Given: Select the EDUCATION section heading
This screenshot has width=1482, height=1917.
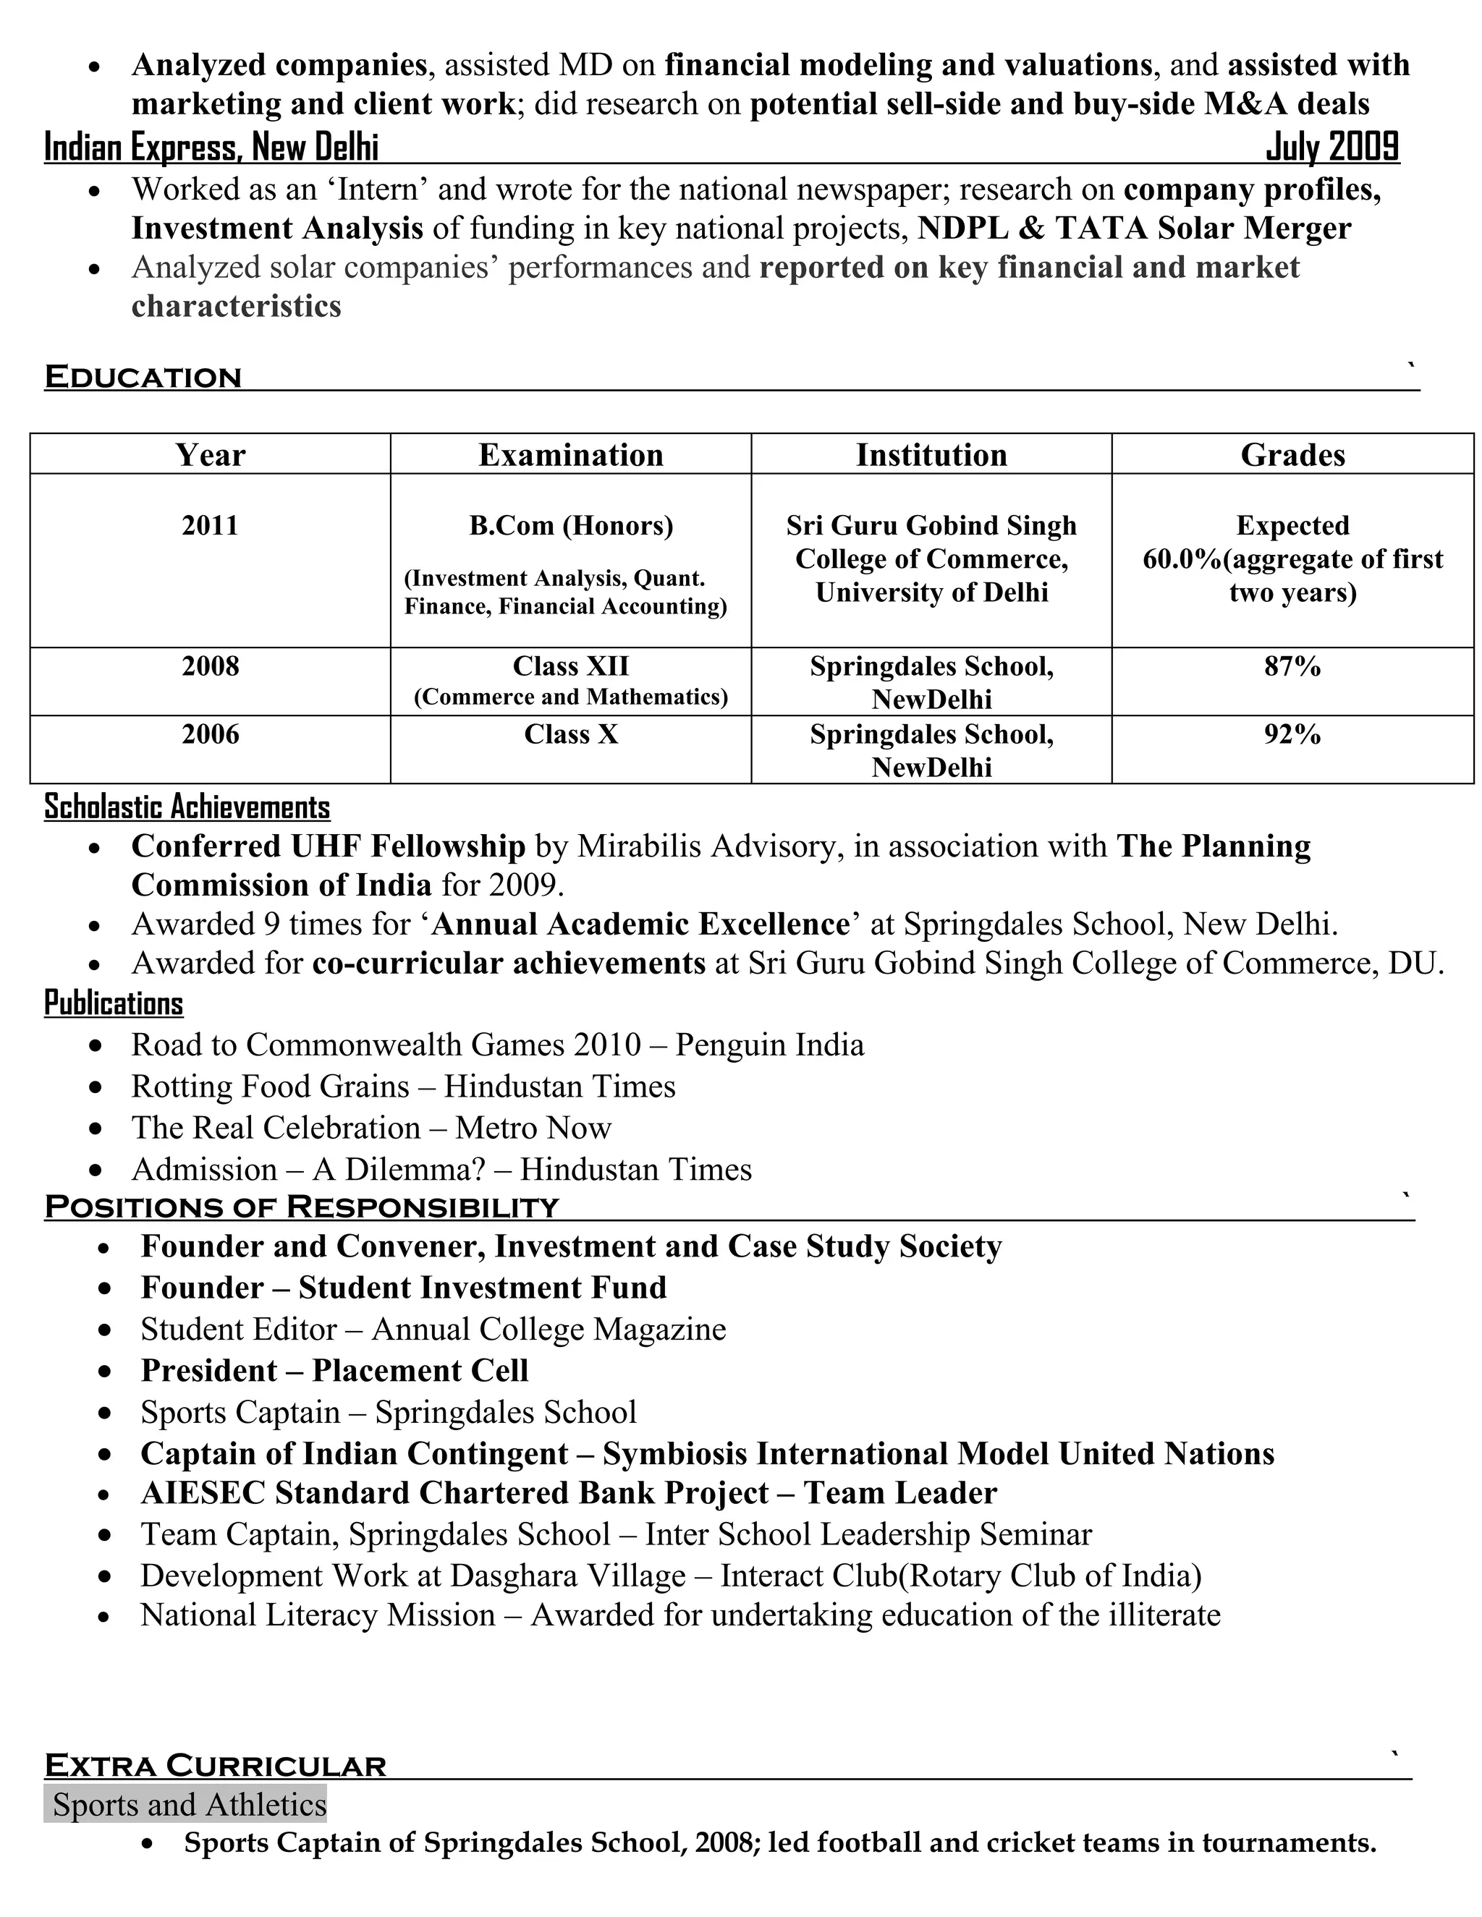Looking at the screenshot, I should pyautogui.click(x=143, y=378).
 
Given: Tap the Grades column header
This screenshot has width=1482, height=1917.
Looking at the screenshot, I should pyautogui.click(x=1292, y=455).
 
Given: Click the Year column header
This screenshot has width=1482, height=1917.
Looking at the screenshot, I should pyautogui.click(x=210, y=455).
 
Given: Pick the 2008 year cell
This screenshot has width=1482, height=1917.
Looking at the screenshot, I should pyautogui.click(x=210, y=666).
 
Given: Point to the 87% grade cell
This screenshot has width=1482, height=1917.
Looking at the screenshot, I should pyautogui.click(x=1292, y=666).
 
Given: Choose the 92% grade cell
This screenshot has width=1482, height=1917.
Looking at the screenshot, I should pyautogui.click(x=1292, y=734).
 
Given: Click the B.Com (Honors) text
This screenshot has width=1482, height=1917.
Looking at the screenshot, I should pyautogui.click(x=571, y=525).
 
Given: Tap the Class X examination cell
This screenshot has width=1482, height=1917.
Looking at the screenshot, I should pyautogui.click(x=571, y=734).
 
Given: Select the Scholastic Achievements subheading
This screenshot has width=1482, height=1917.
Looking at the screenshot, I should pyautogui.click(x=187, y=807).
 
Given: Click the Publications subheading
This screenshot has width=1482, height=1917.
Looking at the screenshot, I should pyautogui.click(x=114, y=1003).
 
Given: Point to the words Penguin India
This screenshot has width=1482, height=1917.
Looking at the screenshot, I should pyautogui.click(x=769, y=1045).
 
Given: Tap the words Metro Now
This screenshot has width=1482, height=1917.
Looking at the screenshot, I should pyautogui.click(x=533, y=1128).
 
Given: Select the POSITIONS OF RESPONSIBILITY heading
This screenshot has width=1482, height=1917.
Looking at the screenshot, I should pyautogui.click(x=301, y=1207).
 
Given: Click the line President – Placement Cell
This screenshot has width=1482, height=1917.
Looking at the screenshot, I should pyautogui.click(x=334, y=1370).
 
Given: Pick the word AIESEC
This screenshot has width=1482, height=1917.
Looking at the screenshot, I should pyautogui.click(x=203, y=1493).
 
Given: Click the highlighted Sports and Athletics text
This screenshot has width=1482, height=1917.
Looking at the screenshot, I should pyautogui.click(x=189, y=1805).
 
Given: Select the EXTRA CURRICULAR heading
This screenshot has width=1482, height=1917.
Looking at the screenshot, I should pyautogui.click(x=215, y=1766).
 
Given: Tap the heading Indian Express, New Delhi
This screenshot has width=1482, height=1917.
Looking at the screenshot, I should pyautogui.click(x=211, y=147).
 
